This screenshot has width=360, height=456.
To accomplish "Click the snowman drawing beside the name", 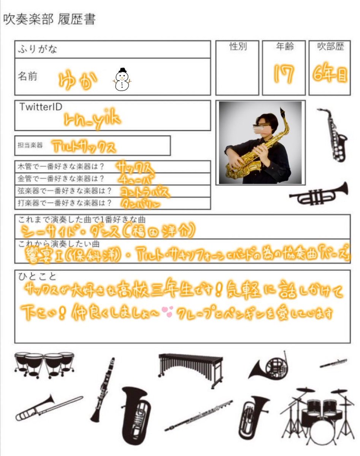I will pos(122,80).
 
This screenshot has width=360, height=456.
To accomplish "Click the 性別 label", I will pos(238,47).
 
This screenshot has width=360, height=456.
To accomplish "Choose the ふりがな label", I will pos(37,50).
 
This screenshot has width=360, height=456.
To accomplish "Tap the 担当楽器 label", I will pos(30,145).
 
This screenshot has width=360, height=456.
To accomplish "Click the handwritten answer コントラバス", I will pos(144,192).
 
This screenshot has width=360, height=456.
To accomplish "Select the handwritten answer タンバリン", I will pos(140,204).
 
